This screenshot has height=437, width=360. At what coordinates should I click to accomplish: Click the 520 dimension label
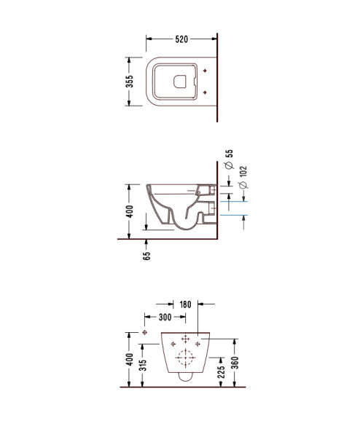[181, 39]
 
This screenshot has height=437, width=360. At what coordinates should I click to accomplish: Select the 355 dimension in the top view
[130, 82]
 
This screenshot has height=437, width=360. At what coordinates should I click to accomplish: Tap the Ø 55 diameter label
[230, 160]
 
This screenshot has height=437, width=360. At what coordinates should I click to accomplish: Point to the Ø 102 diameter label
[243, 177]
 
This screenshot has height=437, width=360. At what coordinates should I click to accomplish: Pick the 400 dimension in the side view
[130, 211]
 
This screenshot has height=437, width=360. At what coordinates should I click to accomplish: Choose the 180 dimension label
[185, 304]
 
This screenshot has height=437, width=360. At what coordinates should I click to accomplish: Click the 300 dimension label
[165, 317]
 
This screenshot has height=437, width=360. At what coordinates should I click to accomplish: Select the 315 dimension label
[143, 365]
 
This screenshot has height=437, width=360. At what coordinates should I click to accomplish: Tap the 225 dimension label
[221, 371]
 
